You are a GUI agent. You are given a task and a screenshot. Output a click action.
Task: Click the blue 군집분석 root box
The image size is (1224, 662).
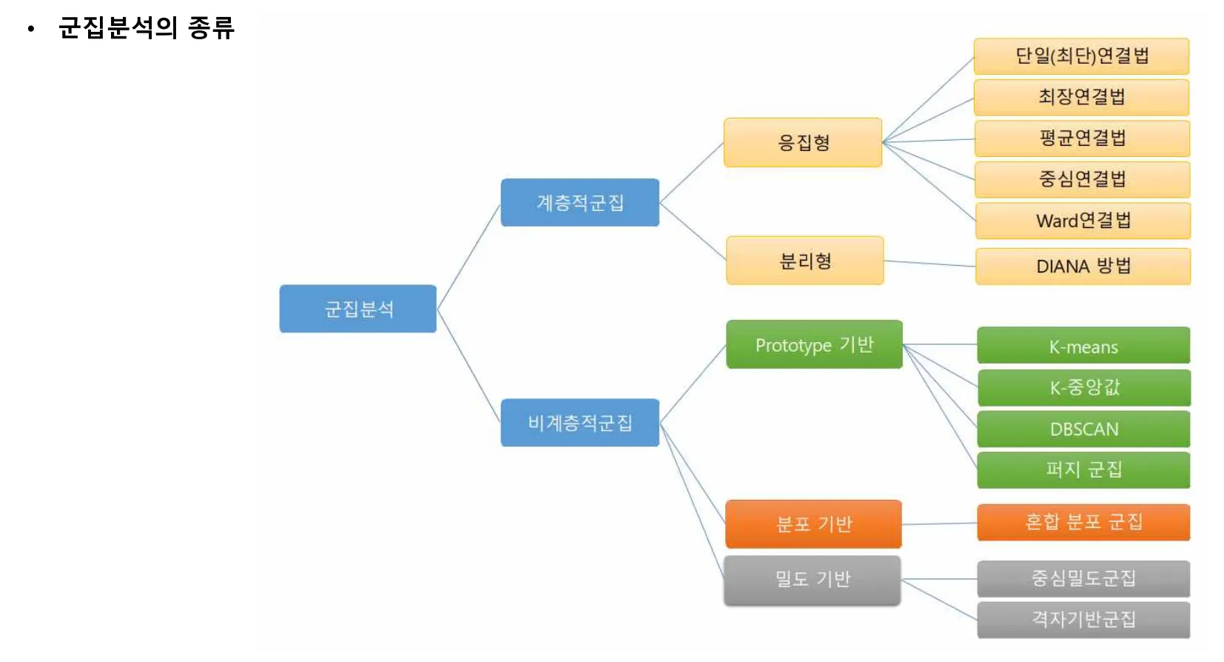coord(357,309)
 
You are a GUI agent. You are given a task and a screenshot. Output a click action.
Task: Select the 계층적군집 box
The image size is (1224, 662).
coord(579,202)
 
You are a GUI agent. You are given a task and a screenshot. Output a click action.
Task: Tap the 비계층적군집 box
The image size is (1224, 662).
coord(579,423)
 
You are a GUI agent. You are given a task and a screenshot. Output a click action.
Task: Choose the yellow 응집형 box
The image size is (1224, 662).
coord(803,142)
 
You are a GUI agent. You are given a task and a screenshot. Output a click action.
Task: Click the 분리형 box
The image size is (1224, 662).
coord(805,261)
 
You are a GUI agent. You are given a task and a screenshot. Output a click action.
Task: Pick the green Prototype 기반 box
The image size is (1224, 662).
coord(814,344)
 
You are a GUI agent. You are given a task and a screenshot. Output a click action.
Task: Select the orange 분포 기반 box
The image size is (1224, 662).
coord(813,524)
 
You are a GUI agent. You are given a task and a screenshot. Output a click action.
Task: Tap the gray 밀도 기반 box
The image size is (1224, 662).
coord(813,580)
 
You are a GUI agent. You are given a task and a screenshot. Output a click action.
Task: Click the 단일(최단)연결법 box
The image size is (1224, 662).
coord(1081,56)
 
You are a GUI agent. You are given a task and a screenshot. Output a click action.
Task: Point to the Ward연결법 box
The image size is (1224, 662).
coord(1083,221)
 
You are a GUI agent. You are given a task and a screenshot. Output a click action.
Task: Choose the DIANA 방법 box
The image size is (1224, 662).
coord(1083,267)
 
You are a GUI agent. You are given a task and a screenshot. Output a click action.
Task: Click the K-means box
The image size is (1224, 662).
coord(1083,346)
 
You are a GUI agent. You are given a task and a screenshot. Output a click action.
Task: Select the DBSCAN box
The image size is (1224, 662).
coord(1083,429)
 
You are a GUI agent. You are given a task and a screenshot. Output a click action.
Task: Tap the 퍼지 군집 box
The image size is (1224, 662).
coord(1083,469)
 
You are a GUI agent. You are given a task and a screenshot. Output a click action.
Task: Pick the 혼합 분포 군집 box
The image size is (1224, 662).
coord(1083,523)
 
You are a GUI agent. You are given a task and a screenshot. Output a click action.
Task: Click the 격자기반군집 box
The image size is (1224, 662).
coord(1083,619)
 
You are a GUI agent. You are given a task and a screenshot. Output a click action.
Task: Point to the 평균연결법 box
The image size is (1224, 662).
coord(1082,138)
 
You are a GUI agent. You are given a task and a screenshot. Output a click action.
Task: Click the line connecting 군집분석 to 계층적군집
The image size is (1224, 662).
coord(468,256)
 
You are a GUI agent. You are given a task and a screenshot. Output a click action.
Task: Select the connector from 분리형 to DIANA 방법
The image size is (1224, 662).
coord(929,263)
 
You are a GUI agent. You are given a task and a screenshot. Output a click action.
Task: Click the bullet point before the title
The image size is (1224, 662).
coord(30,30)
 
